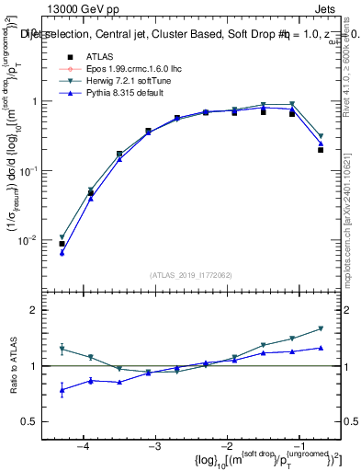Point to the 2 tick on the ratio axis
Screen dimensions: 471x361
click(x=42, y=310)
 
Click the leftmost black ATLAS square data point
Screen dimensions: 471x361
click(x=62, y=244)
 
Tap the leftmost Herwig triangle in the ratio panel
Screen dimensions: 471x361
click(x=62, y=349)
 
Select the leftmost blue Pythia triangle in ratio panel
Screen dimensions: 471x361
click(x=62, y=389)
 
